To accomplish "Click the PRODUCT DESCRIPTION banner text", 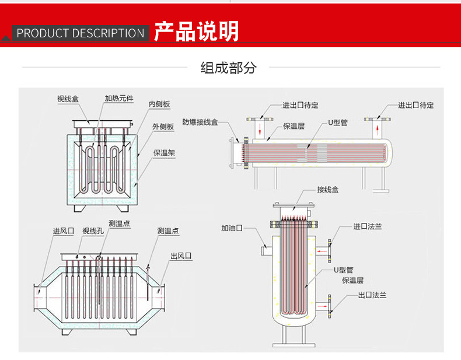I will click(x=81, y=33).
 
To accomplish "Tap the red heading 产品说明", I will click(x=196, y=32).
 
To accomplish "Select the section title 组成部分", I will click(x=228, y=68).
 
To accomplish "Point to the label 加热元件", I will click(x=119, y=99).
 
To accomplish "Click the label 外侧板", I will click(x=163, y=126).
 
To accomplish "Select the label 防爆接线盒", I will click(x=200, y=122).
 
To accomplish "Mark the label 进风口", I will click(x=63, y=231).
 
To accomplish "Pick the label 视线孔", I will click(x=93, y=231).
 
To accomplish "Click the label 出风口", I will click(x=181, y=256).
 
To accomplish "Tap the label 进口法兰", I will click(x=368, y=226).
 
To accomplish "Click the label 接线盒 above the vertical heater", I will click(x=328, y=190).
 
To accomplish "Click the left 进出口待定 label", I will click(x=301, y=105).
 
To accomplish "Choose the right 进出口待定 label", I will click(x=416, y=105).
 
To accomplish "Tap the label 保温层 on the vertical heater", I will click(x=352, y=280).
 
